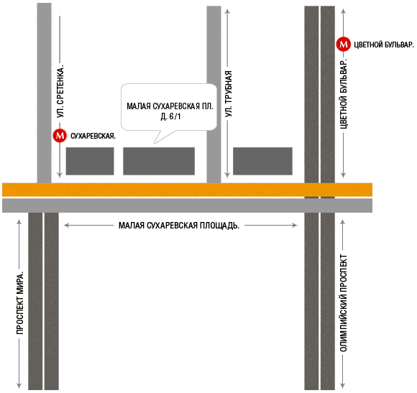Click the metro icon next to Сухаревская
pyautogui.click(x=60, y=136)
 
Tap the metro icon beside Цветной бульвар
pyautogui.click(x=344, y=44)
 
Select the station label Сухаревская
pyautogui.click(x=93, y=136)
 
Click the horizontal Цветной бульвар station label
pyautogui.click(x=384, y=45)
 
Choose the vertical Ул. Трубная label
pyautogui.click(x=229, y=94)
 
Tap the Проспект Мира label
pyautogui.click(x=20, y=303)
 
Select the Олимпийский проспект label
pyautogui.click(x=344, y=303)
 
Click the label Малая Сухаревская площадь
pyautogui.click(x=179, y=226)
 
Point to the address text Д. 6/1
pyautogui.click(x=170, y=116)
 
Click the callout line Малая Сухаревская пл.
pyautogui.click(x=170, y=106)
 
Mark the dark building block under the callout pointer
pyautogui.click(x=159, y=161)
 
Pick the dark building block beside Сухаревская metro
pyautogui.click(x=90, y=161)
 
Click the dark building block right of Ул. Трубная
pyautogui.click(x=262, y=161)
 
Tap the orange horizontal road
pyautogui.click(x=187, y=190)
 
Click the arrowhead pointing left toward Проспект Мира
pyautogui.click(x=66, y=226)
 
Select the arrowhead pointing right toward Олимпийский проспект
pyautogui.click(x=295, y=226)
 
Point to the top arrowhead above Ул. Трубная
pyautogui.click(x=227, y=11)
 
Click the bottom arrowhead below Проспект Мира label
pyautogui.click(x=19, y=386)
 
